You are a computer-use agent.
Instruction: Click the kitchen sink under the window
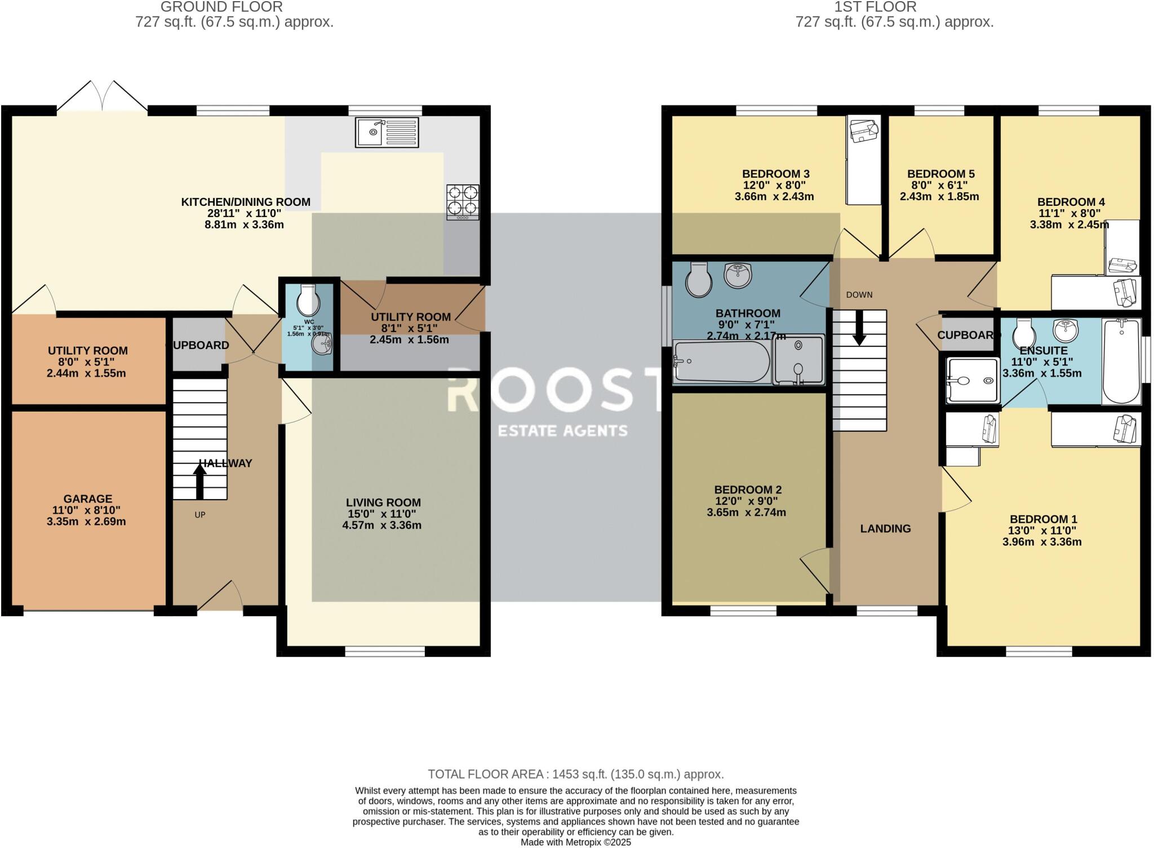pos(387,132)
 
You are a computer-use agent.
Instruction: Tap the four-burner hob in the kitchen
pos(463,202)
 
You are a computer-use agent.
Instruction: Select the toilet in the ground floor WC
pos(308,300)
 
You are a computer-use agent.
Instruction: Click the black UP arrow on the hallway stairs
pos(199,482)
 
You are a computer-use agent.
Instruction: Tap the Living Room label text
pos(383,502)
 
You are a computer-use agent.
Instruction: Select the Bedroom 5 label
pos(941,174)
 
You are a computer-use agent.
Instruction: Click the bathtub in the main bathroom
pos(722,361)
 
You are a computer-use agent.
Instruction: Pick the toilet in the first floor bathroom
pos(699,279)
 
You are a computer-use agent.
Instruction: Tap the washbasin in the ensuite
pos(1066,331)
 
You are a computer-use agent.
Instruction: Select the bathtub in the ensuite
pos(1122,361)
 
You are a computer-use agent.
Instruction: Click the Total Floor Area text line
pos(576,774)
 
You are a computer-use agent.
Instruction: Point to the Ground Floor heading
pos(221,7)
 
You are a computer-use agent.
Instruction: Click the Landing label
pos(885,528)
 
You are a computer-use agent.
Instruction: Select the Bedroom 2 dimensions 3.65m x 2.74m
pos(747,513)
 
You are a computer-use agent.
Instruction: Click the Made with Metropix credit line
pos(576,842)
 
